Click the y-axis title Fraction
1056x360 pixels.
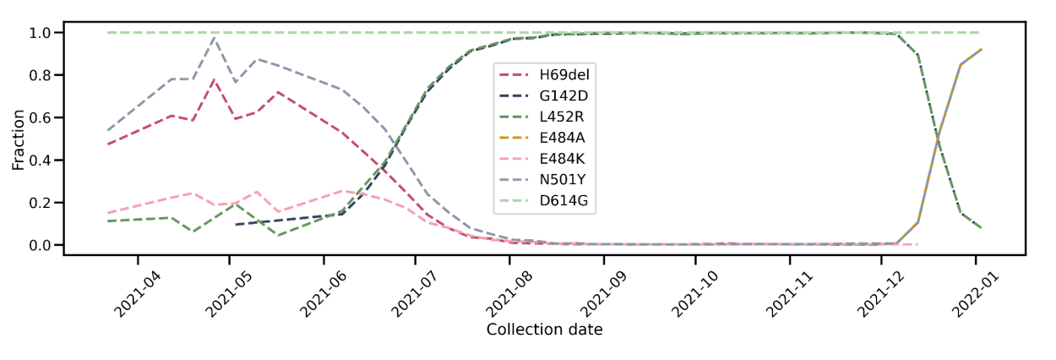point(19,138)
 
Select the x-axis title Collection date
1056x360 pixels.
point(544,330)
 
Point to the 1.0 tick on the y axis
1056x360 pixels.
point(41,33)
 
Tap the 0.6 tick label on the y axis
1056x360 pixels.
point(41,117)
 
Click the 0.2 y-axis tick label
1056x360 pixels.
point(41,203)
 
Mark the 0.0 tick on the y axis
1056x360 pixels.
point(41,245)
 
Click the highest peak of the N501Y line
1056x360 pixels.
point(215,36)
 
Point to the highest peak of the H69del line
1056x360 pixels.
point(215,79)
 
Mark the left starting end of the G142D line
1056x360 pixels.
point(236,225)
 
